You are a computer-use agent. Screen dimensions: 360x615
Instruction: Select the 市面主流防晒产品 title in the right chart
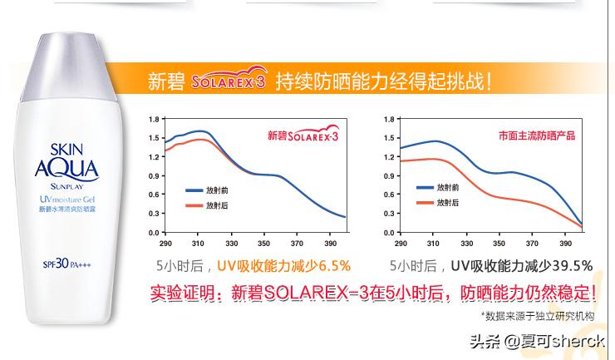click(x=536, y=135)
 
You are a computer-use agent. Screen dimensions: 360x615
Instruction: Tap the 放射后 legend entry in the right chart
click(x=448, y=202)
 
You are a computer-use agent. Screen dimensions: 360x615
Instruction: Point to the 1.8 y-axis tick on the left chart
click(x=154, y=119)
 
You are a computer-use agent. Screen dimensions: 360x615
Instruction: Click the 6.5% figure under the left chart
click(x=332, y=266)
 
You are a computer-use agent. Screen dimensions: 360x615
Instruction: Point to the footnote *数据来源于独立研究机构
click(x=539, y=316)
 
